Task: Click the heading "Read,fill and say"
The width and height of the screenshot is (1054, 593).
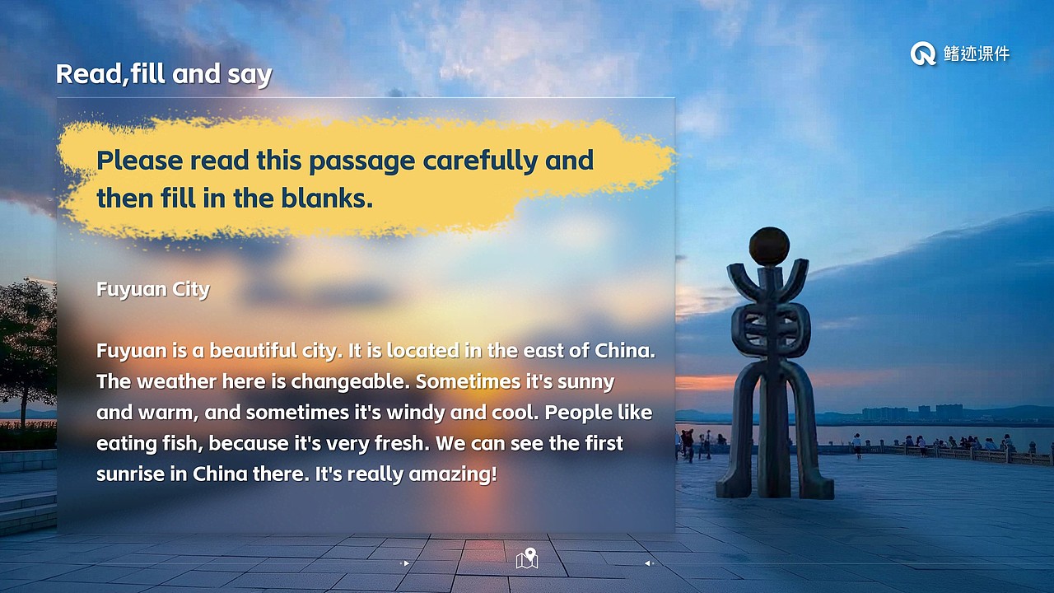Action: [163, 74]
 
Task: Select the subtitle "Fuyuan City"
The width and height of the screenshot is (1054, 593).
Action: [153, 289]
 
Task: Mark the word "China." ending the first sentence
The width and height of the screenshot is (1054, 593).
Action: [625, 351]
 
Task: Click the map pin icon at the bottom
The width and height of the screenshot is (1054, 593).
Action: [527, 558]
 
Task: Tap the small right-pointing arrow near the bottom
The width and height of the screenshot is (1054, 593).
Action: [405, 563]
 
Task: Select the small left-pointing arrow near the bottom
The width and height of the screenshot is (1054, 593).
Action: [648, 563]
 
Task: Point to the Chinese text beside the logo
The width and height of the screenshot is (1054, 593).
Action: [977, 54]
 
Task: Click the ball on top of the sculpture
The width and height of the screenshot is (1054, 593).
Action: [769, 246]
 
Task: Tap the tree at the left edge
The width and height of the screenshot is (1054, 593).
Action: [25, 346]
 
